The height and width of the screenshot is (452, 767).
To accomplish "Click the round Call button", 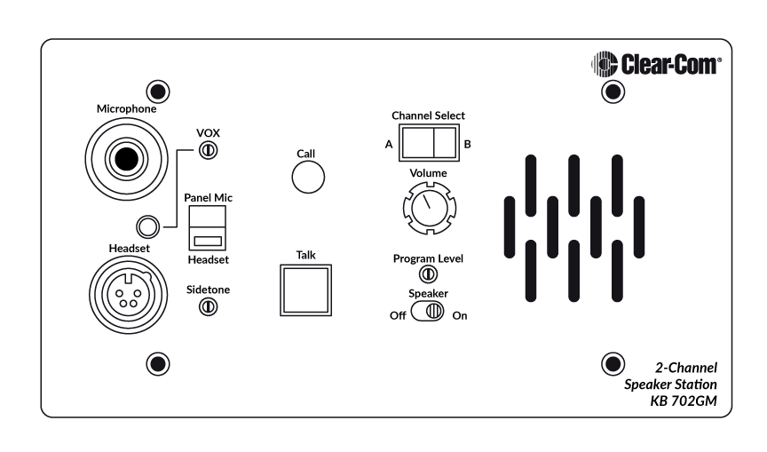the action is click(x=308, y=177).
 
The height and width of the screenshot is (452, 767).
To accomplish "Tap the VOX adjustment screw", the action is click(x=209, y=150).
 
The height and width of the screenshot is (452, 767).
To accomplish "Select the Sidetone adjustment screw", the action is click(x=208, y=306).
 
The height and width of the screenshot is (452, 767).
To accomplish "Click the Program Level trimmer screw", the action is click(x=428, y=274).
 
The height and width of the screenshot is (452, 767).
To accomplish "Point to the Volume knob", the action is click(x=430, y=208).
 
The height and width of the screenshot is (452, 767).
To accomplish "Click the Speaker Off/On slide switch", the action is click(x=428, y=311).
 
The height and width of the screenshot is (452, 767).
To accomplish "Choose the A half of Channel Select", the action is click(x=416, y=143).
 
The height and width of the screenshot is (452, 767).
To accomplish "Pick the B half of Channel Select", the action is click(x=445, y=143).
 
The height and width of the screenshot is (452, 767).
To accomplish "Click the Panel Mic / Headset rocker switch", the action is click(x=208, y=228).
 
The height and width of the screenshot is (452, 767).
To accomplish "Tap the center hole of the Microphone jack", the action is click(x=126, y=159).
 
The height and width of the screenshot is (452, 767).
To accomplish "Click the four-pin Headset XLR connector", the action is click(x=128, y=295).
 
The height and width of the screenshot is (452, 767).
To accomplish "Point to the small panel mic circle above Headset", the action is click(x=147, y=226).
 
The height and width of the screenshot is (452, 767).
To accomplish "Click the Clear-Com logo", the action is click(x=656, y=64).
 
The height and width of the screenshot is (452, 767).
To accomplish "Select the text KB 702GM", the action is click(x=684, y=400).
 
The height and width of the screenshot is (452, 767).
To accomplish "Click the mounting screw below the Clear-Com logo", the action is click(x=613, y=91).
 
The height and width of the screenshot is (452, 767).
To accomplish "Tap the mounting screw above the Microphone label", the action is click(x=158, y=91).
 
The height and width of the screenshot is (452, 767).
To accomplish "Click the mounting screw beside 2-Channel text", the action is click(x=613, y=364).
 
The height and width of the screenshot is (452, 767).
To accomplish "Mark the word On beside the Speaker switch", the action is click(x=460, y=315).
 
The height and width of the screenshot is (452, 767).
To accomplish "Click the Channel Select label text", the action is click(x=428, y=115).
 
